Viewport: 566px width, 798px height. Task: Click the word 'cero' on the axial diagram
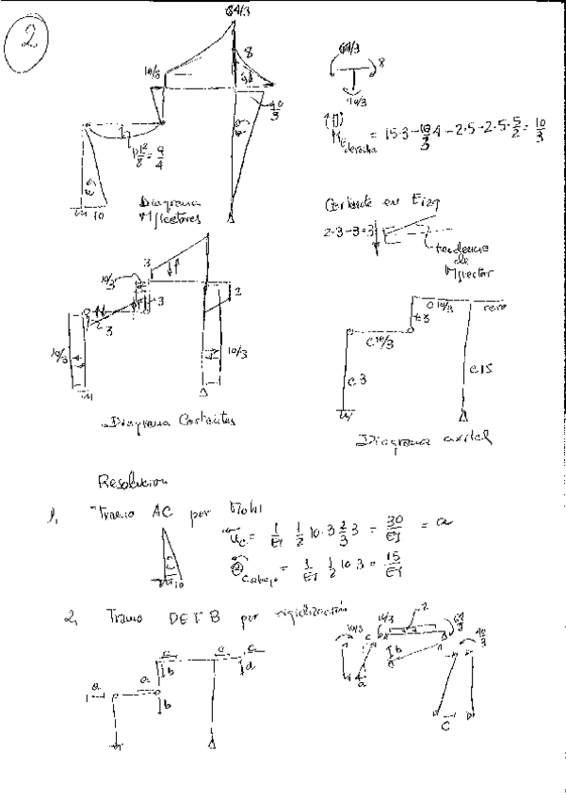[488, 307]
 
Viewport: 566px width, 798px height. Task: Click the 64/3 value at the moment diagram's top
[235, 10]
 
